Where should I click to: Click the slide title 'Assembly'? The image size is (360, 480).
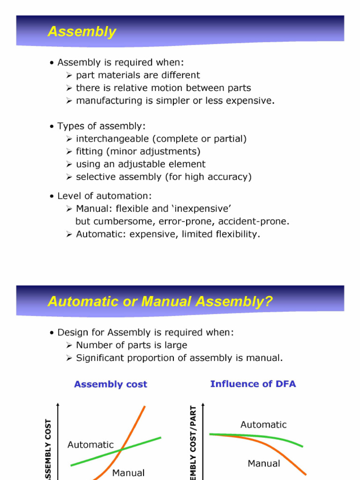(x=82, y=32)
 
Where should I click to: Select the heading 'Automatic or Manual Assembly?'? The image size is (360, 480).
(x=160, y=301)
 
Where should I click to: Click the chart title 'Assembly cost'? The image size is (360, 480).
(x=111, y=384)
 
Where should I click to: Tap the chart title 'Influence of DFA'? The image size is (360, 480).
(x=253, y=384)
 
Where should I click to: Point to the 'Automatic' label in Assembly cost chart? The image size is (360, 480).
(x=90, y=444)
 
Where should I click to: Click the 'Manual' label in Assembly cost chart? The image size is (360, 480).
(x=128, y=472)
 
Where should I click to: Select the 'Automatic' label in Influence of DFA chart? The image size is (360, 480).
(x=263, y=425)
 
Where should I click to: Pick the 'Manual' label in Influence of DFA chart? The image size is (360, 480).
(x=264, y=464)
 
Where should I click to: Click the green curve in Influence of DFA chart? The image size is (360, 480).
(x=281, y=438)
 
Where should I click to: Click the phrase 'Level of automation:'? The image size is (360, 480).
(x=105, y=196)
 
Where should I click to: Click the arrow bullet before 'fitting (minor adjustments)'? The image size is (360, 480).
(x=68, y=151)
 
